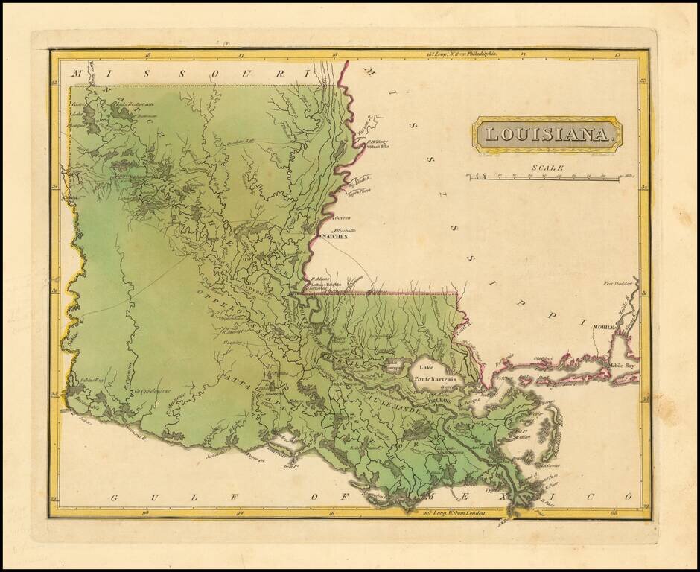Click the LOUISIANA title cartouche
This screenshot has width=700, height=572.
click(x=547, y=135)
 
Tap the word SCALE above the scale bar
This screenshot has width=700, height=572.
click(x=547, y=168)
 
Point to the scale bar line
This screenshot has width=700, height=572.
click(x=544, y=179)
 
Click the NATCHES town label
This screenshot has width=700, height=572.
click(x=334, y=237)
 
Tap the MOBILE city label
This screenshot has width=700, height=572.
click(x=605, y=327)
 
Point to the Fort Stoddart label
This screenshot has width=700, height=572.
click(x=617, y=284)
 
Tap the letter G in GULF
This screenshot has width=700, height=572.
click(x=115, y=497)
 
